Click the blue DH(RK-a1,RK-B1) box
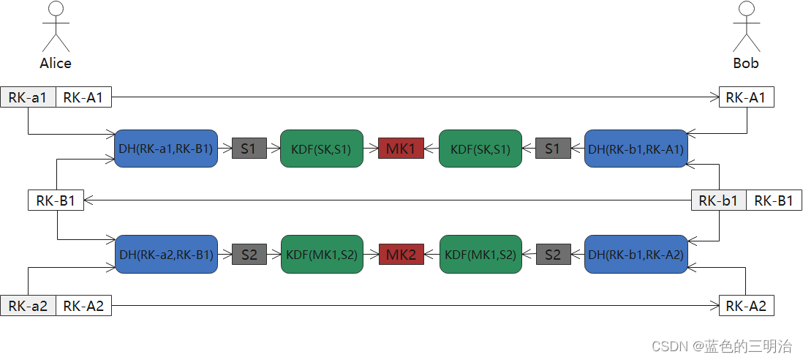(166, 149)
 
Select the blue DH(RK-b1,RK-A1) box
(636, 149)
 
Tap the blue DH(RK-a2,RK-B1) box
(166, 255)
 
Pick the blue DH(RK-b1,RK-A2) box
(636, 255)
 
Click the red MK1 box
(401, 149)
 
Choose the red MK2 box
(401, 255)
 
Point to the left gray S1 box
(249, 149)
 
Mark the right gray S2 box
(553, 255)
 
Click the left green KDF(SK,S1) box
(321, 149)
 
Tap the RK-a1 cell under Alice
(28, 97)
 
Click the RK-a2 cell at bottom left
(28, 306)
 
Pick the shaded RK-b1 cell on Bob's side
(718, 200)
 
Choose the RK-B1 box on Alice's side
(56, 200)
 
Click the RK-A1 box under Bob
(746, 97)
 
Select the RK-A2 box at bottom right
(746, 306)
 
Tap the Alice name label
(56, 63)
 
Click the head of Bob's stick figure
(746, 9)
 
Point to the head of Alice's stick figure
(56, 9)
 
